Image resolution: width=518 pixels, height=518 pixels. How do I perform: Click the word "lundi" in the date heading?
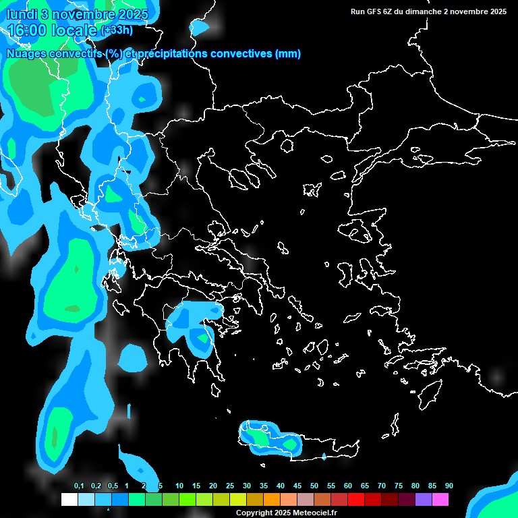coord(22,14)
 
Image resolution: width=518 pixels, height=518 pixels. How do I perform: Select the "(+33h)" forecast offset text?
coord(117,30)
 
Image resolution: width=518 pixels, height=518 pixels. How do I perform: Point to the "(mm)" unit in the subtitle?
coord(288,54)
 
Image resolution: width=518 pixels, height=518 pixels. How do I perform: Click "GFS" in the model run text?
coord(372,11)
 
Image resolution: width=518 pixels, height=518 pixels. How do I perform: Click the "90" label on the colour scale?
coord(449,486)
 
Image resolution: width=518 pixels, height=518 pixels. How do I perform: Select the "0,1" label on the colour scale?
coord(79,486)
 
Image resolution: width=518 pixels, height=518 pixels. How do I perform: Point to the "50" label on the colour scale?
coord(314,486)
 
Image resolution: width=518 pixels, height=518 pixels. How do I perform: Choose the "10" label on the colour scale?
coord(179,486)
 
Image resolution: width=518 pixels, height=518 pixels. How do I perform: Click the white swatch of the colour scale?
coord(69,499)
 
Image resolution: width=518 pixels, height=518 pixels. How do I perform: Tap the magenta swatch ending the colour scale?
coord(440,499)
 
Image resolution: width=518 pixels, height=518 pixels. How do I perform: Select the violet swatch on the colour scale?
coord(424,499)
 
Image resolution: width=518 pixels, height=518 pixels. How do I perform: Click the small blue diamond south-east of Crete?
coord(324,457)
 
